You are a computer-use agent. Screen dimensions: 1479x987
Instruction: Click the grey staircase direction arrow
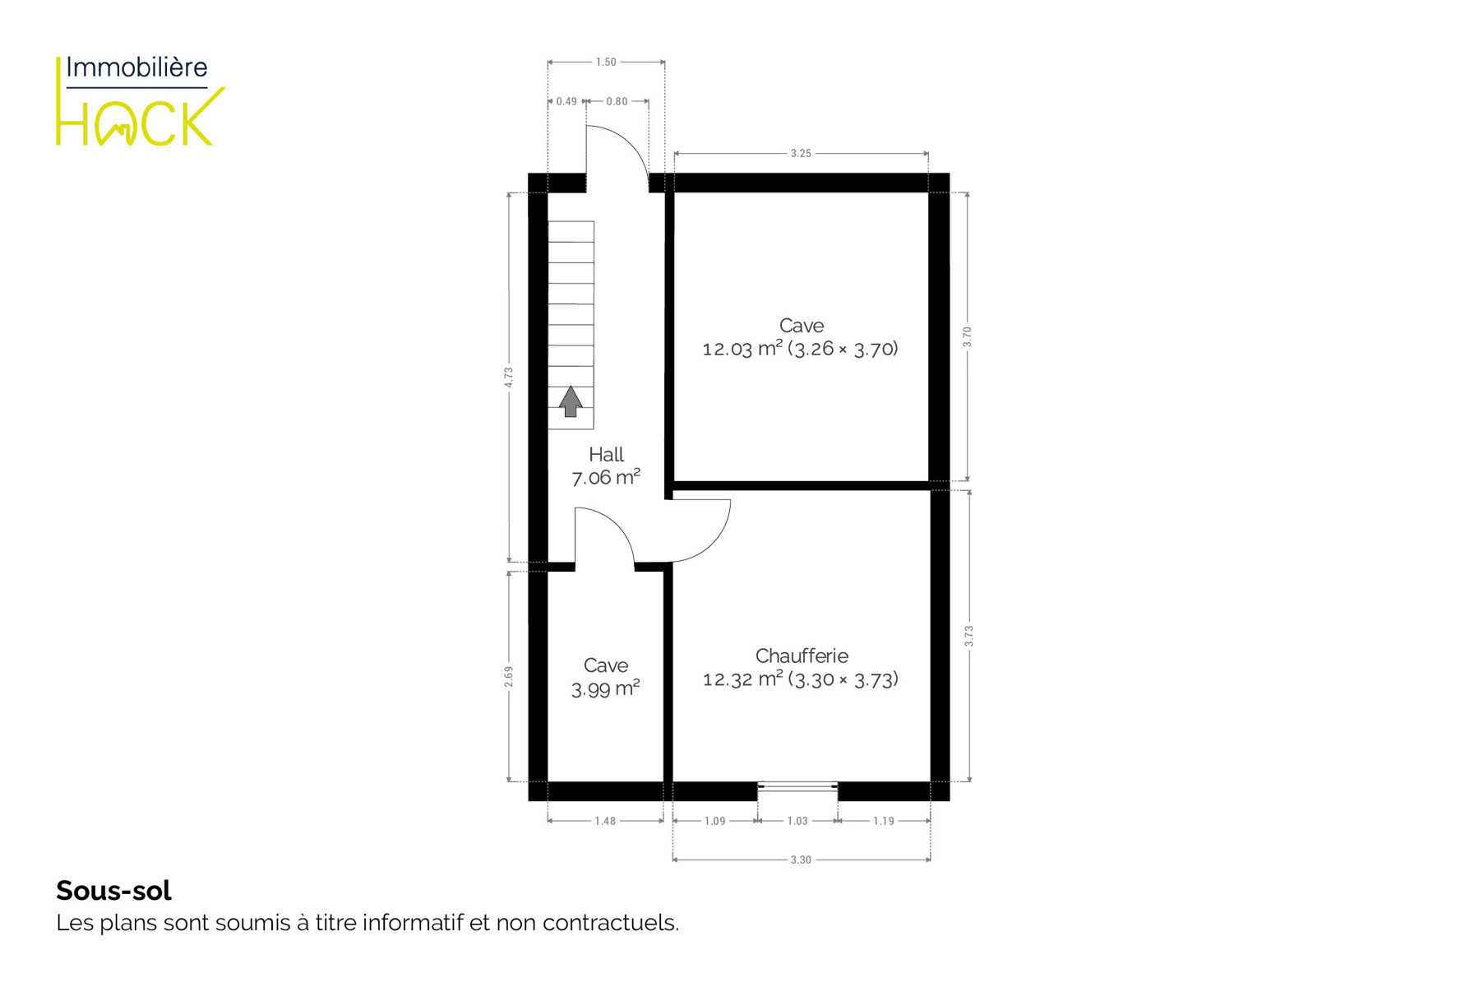point(571,401)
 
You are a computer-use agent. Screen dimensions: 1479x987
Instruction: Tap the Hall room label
point(606,454)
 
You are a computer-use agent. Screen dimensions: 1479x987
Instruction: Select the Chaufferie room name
point(802,656)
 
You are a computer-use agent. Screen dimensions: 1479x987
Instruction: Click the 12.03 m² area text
point(742,349)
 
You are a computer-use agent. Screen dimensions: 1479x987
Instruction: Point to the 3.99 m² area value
point(606,688)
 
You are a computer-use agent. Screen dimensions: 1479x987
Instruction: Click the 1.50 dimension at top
point(606,62)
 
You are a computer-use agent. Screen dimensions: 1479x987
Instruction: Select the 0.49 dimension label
point(566,101)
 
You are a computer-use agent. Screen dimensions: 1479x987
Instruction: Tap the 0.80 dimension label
point(617,101)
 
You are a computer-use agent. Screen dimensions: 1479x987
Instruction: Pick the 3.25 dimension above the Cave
point(801,153)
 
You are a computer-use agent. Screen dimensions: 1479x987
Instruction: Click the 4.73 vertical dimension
point(509,378)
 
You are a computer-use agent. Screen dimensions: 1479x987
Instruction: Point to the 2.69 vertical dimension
point(509,676)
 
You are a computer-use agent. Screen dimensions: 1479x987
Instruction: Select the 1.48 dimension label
point(605,821)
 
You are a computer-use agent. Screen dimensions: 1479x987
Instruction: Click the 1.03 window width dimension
point(797,821)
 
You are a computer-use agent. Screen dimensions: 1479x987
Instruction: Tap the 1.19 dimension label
point(884,821)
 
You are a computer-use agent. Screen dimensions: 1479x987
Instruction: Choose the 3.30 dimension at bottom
point(801,860)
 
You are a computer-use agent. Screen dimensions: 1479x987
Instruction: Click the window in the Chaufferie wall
point(797,787)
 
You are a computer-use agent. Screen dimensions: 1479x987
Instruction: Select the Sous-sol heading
point(113,891)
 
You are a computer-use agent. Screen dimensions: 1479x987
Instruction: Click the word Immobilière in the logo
point(136,67)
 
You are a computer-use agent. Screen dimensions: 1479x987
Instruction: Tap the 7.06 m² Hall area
point(606,477)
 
